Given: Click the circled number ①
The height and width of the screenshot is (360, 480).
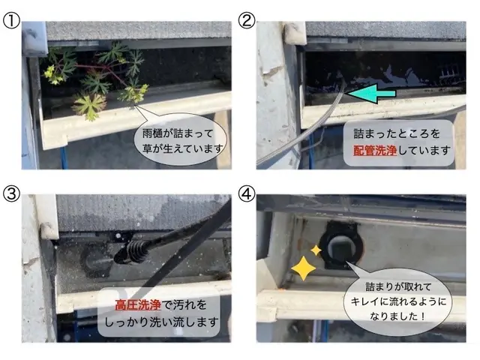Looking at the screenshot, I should coord(10,20).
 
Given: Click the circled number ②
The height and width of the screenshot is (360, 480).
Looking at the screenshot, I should coord(247,20).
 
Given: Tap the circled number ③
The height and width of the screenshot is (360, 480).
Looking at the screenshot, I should coord(11,193).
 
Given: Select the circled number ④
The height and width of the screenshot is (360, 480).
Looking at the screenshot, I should coord(247,193).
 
